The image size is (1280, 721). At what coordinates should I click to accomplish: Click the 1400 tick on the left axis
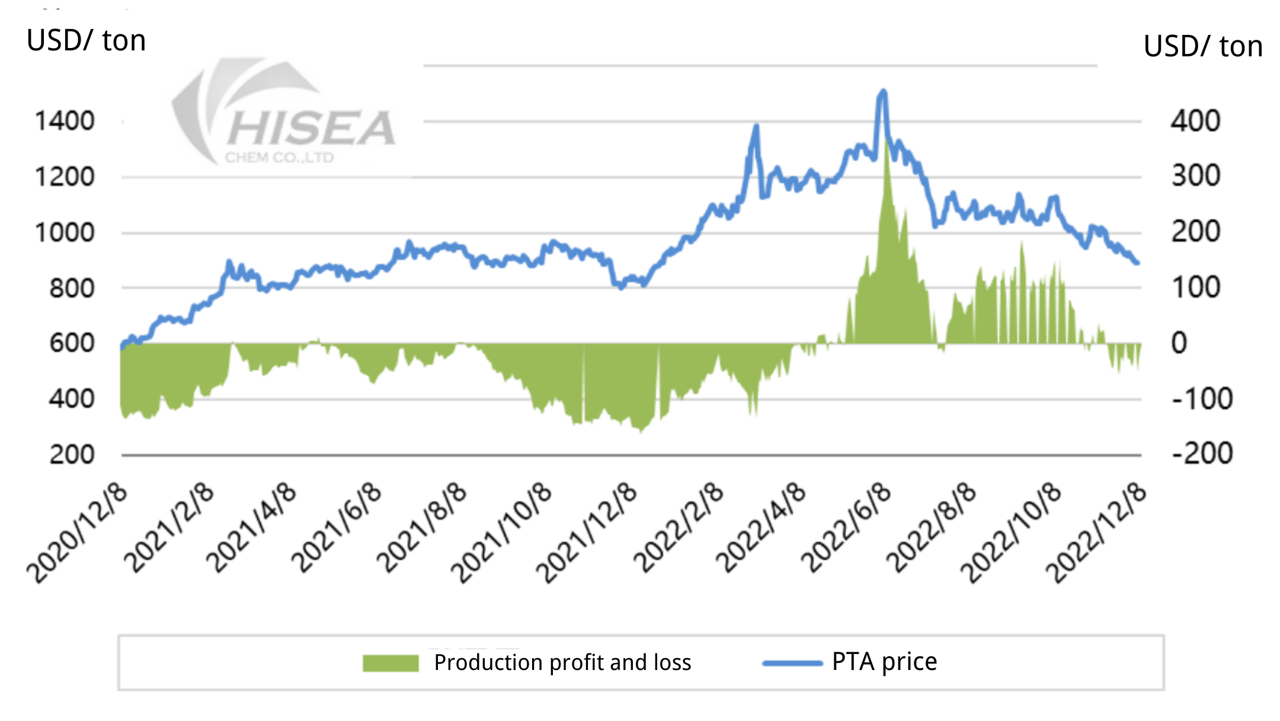click(x=65, y=121)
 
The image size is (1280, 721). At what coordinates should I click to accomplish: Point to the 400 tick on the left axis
click(x=72, y=399)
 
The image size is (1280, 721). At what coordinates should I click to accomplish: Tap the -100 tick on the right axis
click(x=1202, y=399)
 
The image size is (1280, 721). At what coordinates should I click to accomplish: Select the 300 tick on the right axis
click(x=1195, y=176)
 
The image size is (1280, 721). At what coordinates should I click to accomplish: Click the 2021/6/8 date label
click(x=336, y=528)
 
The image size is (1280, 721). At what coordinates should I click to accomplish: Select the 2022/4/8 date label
click(x=761, y=528)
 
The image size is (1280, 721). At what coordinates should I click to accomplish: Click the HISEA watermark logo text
click(x=311, y=129)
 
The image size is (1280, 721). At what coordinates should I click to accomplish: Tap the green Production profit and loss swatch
click(x=391, y=663)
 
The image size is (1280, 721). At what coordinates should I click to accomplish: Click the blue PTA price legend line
click(x=792, y=663)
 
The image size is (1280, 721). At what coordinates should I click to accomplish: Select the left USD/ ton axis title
click(x=86, y=41)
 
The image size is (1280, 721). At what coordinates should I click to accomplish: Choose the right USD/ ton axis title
click(x=1202, y=47)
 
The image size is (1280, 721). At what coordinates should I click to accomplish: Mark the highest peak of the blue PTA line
click(x=883, y=91)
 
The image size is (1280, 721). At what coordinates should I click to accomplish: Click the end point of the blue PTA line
click(x=1137, y=263)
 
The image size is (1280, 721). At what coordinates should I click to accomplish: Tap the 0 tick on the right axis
click(x=1179, y=343)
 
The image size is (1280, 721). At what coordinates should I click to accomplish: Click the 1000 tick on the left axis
click(x=65, y=232)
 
